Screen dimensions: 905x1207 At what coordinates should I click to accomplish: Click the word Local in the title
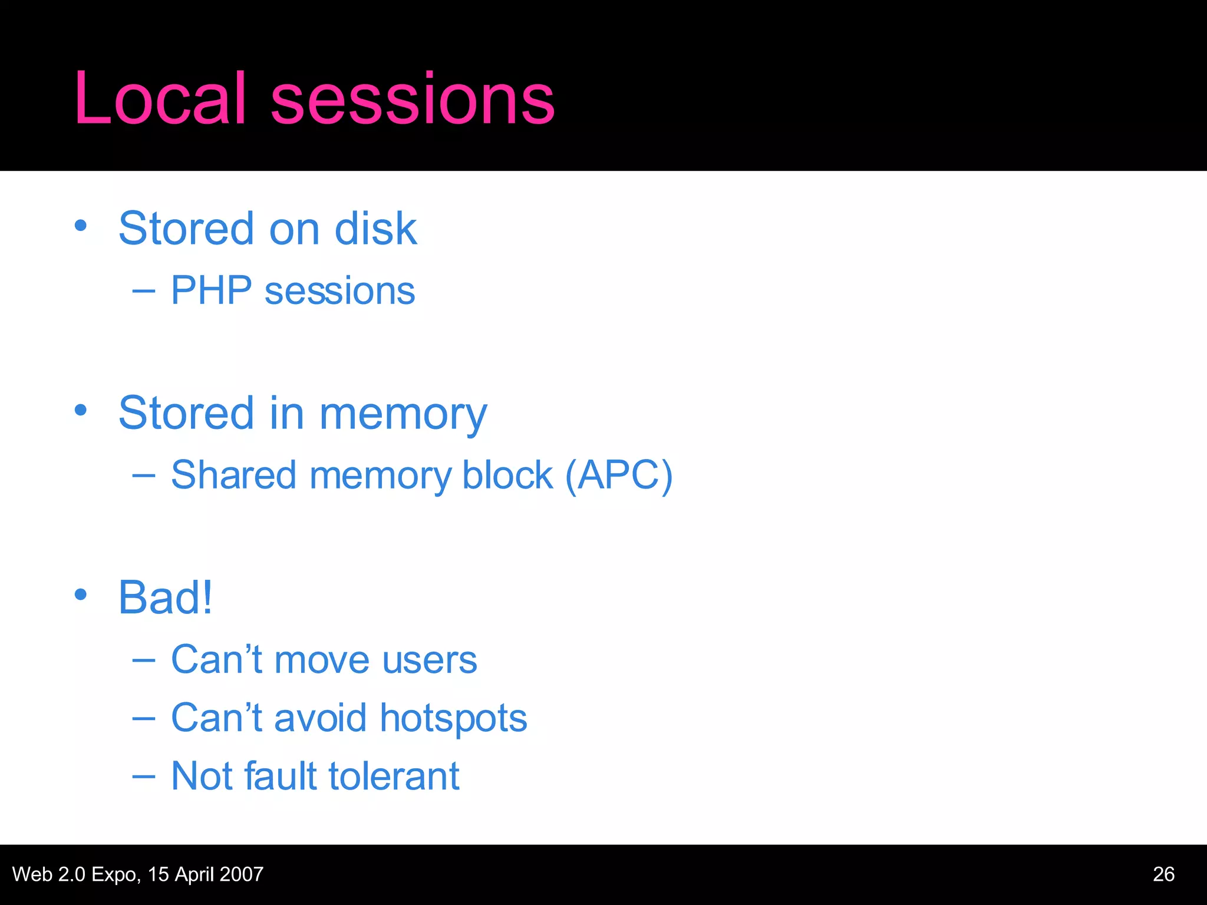159,99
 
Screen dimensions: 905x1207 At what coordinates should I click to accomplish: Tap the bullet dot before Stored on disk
81,226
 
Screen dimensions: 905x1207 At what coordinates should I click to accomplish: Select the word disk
375,229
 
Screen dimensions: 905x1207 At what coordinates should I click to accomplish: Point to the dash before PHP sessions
144,291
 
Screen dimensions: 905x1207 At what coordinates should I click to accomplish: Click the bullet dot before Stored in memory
81,410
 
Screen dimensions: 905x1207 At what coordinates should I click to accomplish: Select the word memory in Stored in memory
403,414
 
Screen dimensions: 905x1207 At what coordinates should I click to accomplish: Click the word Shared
233,475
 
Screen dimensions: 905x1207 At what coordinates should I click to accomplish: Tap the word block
507,475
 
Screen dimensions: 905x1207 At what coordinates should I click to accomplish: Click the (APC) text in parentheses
618,475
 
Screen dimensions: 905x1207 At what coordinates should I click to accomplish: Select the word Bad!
165,597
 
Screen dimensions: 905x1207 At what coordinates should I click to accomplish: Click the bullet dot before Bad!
81,594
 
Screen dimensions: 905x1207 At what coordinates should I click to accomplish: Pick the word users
430,660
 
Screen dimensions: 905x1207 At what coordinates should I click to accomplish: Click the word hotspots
453,719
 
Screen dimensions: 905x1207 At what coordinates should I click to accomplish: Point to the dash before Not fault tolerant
144,777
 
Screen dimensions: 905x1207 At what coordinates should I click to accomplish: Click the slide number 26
1163,874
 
